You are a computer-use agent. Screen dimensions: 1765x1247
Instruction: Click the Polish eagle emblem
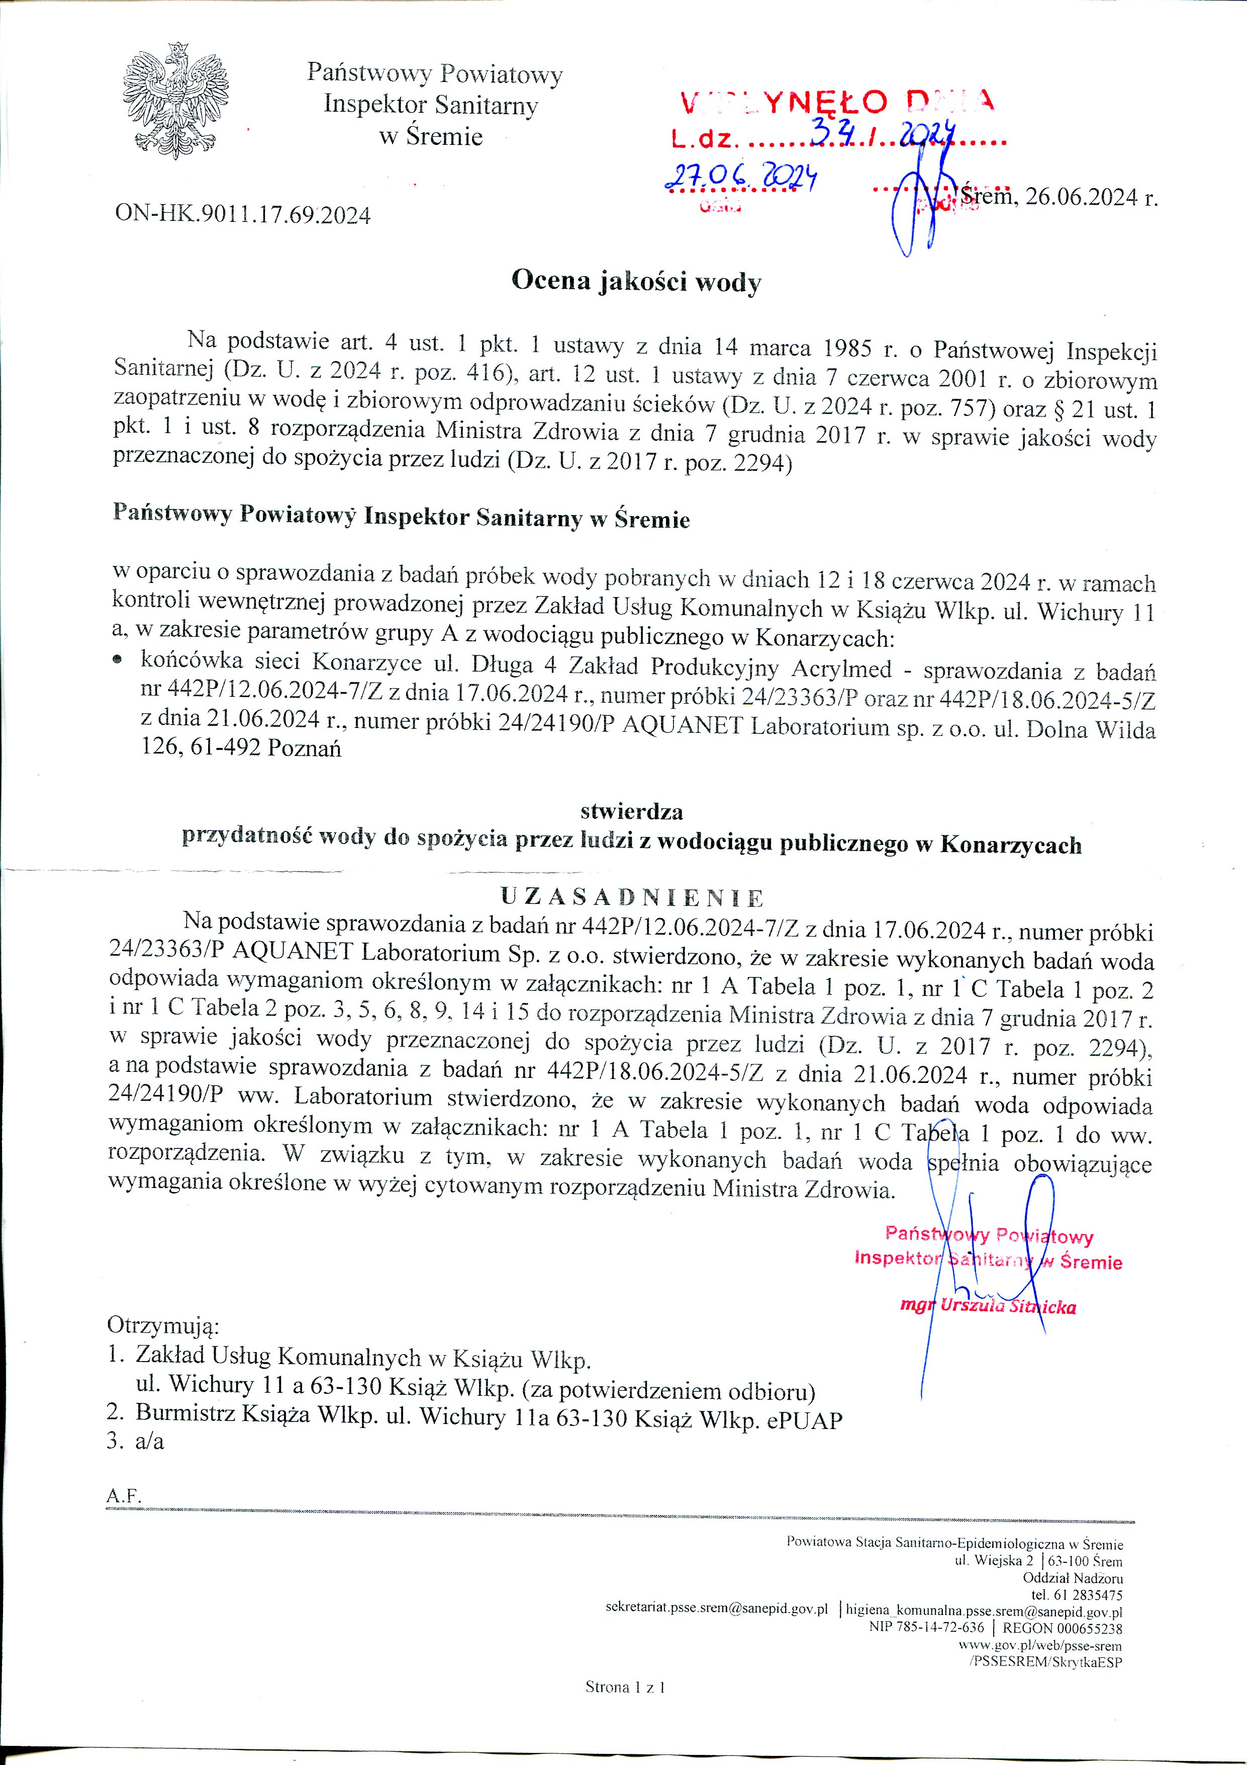click(175, 101)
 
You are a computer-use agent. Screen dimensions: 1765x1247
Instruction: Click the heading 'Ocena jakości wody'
click(636, 281)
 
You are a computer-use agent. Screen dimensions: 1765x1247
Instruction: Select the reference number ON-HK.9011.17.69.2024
click(243, 214)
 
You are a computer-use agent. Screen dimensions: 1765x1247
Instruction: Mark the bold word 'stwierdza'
click(632, 811)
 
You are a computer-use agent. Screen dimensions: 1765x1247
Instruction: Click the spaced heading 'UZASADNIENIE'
click(632, 897)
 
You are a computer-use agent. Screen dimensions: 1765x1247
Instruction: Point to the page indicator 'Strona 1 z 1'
click(625, 1687)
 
